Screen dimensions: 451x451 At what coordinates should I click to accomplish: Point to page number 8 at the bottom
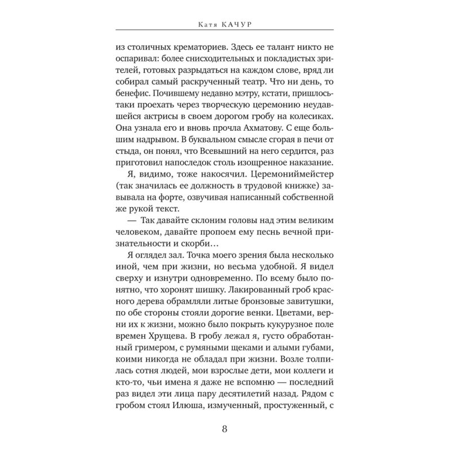pos(225,428)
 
